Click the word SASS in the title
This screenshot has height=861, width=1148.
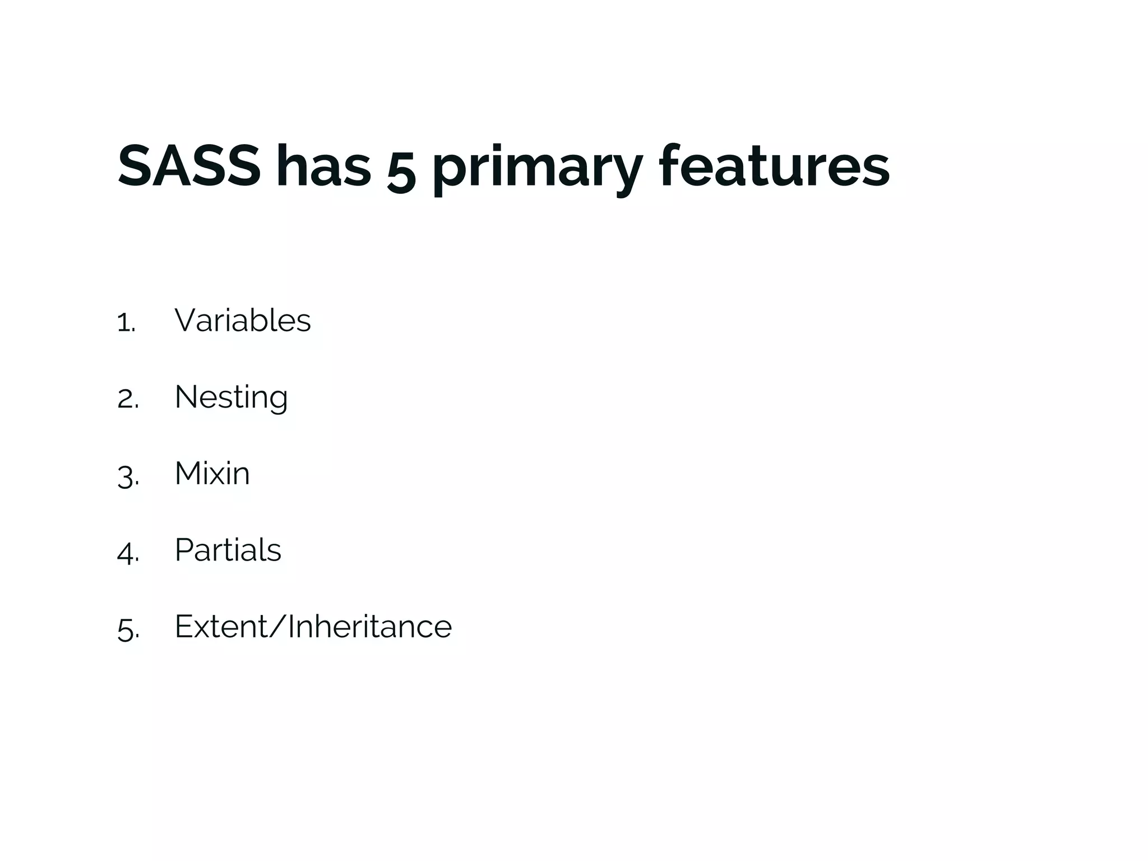(x=189, y=166)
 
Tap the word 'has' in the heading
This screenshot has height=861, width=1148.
(x=323, y=166)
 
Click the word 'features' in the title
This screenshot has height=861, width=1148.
(x=774, y=166)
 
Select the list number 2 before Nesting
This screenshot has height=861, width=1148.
(x=127, y=400)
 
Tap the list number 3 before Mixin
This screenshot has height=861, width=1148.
(x=127, y=476)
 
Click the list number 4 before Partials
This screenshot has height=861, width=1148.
(x=127, y=553)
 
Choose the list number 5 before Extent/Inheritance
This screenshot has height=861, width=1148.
(x=127, y=629)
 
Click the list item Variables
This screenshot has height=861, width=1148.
(x=242, y=321)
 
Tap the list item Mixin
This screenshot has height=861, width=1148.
(x=212, y=474)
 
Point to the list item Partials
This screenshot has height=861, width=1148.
(x=228, y=550)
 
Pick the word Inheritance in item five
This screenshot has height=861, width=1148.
(x=370, y=627)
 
